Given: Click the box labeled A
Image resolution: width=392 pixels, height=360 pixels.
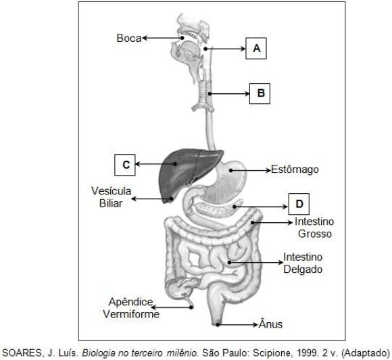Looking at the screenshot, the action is (256, 49).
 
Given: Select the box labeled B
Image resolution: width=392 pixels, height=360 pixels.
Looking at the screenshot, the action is (260, 93).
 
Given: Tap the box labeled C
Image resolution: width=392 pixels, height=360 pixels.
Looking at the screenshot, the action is (125, 165).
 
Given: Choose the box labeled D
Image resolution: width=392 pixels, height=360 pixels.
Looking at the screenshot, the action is (299, 204).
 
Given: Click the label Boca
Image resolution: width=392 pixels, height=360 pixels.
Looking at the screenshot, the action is (129, 38).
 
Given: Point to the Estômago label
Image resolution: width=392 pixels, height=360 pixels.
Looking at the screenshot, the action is (295, 170).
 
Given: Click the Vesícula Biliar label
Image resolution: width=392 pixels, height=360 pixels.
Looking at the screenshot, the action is (111, 197).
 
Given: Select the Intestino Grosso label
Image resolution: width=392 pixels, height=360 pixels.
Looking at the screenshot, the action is (314, 228).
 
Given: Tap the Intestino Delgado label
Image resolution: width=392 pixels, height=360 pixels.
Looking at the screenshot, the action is (303, 263).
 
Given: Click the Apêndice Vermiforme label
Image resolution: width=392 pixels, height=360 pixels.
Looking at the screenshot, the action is (131, 308).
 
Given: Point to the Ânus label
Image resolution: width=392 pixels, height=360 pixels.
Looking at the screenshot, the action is (270, 324).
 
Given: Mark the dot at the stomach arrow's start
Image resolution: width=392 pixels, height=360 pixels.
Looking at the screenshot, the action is (231, 170).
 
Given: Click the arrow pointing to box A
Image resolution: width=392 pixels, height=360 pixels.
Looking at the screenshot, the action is (226, 49).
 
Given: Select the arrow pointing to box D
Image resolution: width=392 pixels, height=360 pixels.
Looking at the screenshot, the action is (260, 207).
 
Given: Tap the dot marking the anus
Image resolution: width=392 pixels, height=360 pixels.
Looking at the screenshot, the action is (218, 325).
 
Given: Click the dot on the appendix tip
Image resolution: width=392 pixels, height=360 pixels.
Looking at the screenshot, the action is (191, 307).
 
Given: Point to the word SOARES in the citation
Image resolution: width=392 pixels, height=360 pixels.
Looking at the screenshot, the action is (21, 353).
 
